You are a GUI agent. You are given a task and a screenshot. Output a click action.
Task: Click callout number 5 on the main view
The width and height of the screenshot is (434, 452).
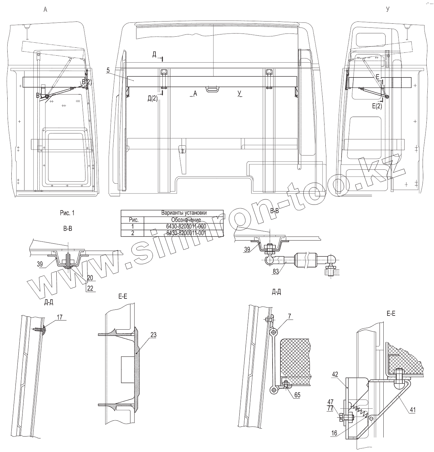coord(108,70)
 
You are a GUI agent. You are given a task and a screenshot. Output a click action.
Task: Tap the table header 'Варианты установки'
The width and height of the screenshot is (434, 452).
coord(184,213)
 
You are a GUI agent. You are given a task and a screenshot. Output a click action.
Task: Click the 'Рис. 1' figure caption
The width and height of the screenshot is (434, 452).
coord(67,213)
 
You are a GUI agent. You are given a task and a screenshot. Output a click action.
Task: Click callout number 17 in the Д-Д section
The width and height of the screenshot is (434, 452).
coord(60,316)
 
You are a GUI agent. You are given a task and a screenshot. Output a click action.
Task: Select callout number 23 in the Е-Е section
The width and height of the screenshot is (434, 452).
coord(153,335)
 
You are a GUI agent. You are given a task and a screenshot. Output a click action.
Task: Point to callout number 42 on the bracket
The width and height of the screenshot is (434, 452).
coord(335,374)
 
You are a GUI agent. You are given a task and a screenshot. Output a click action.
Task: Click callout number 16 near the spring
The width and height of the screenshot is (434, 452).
coord(334,433)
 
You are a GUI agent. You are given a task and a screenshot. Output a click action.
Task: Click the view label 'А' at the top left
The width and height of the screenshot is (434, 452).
coord(45,10)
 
